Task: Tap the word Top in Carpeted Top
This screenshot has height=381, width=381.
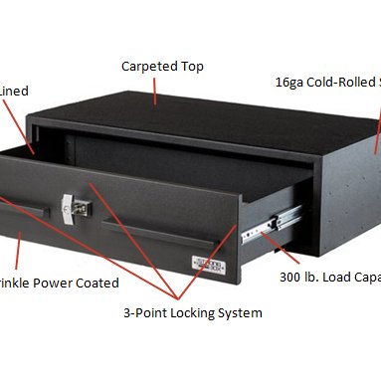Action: [193, 67]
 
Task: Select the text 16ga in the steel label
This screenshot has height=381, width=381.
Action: [290, 84]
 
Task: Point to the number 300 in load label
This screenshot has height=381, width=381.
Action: [291, 277]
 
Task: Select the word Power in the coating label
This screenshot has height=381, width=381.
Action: [60, 284]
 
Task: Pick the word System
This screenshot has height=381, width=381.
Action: [242, 313]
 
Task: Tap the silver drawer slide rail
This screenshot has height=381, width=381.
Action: [270, 225]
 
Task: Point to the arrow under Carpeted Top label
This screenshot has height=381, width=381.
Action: [156, 92]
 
